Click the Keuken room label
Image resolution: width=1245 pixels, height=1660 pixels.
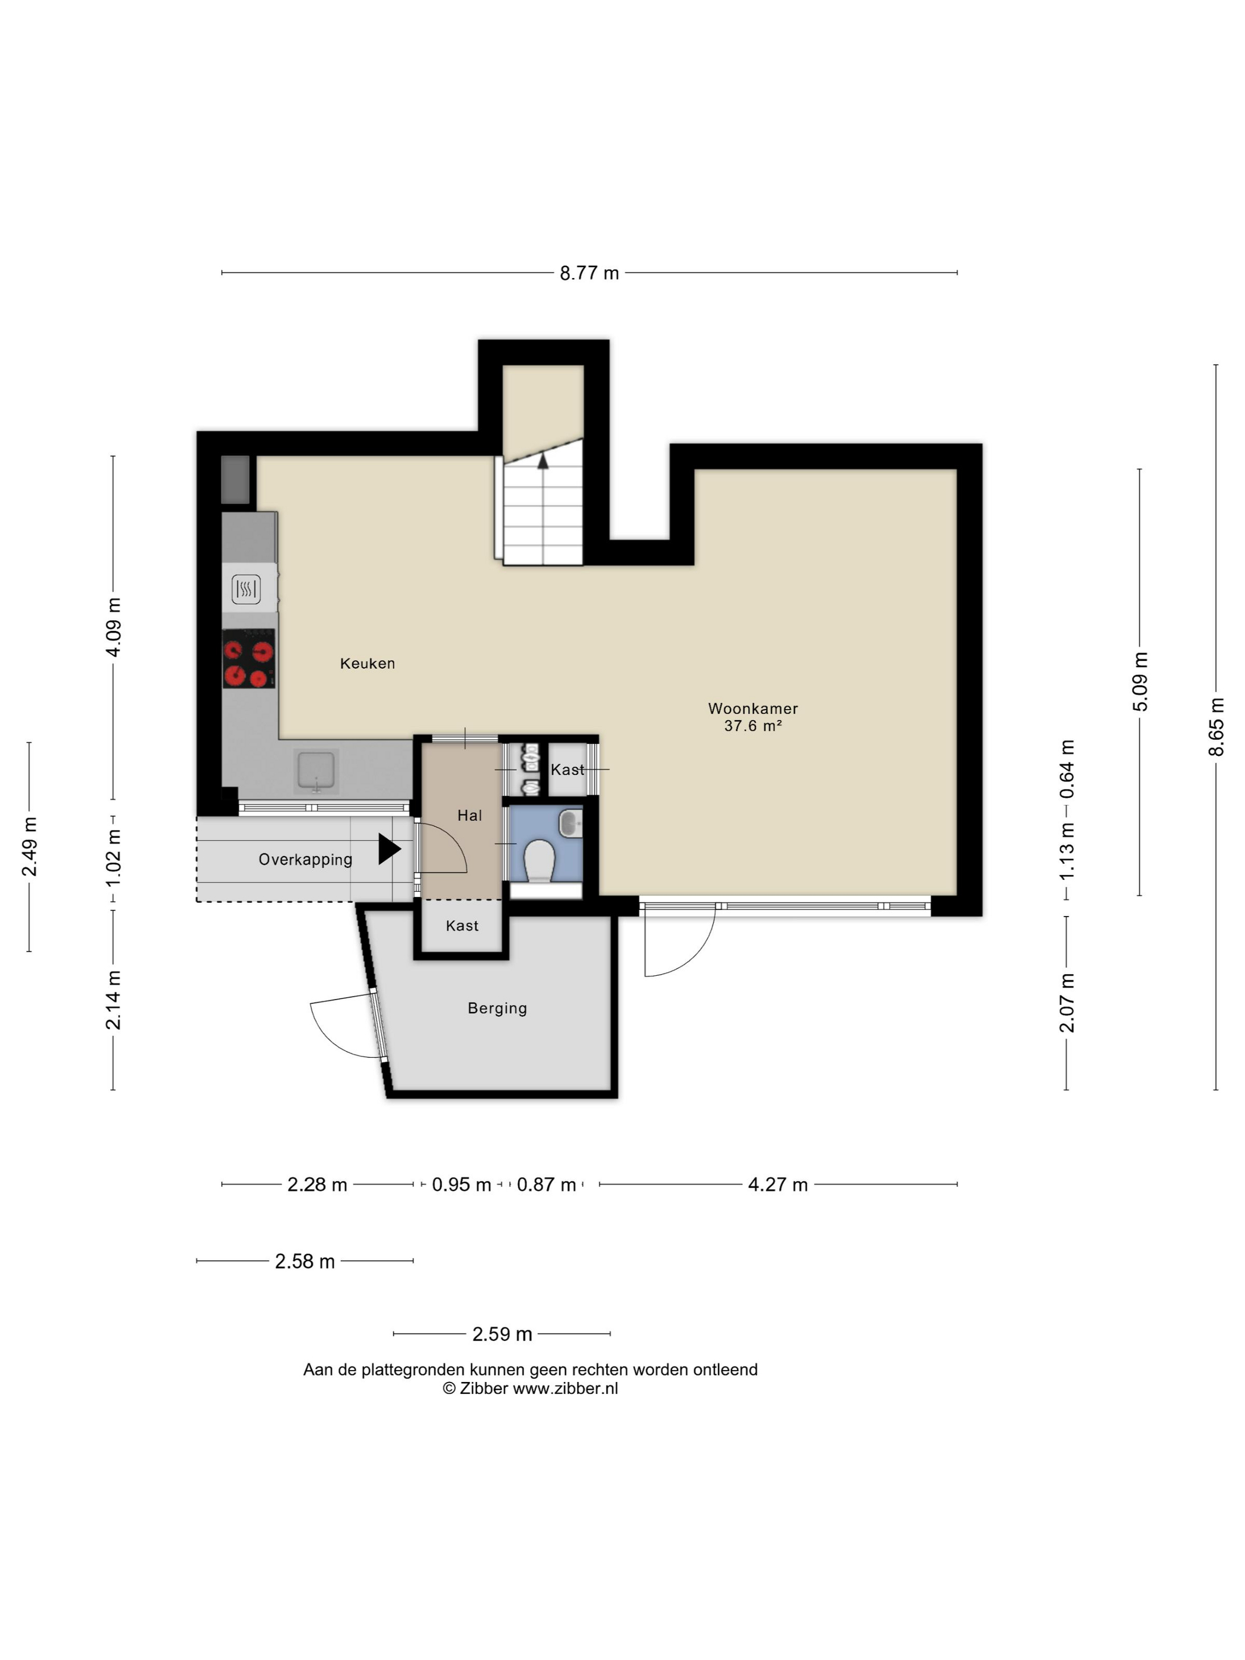(367, 663)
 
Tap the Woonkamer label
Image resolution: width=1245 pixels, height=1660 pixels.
(753, 708)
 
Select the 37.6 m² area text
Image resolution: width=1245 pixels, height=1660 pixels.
(753, 726)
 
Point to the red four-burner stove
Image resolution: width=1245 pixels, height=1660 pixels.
(248, 659)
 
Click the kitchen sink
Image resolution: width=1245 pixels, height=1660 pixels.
(316, 771)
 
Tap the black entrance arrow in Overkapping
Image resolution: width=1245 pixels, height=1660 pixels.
(390, 849)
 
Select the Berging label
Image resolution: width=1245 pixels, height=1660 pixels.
(497, 1008)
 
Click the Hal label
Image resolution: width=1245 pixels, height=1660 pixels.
(470, 815)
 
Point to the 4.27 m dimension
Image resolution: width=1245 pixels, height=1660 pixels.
(777, 1184)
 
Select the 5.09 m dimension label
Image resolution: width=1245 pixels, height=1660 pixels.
(1140, 681)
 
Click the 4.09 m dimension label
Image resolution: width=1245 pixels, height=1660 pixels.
(113, 627)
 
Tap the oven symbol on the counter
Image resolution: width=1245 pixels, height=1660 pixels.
(246, 589)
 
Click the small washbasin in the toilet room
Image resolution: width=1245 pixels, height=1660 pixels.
(570, 822)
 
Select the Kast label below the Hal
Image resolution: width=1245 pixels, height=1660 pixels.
(462, 926)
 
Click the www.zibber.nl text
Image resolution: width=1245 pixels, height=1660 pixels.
(565, 1388)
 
